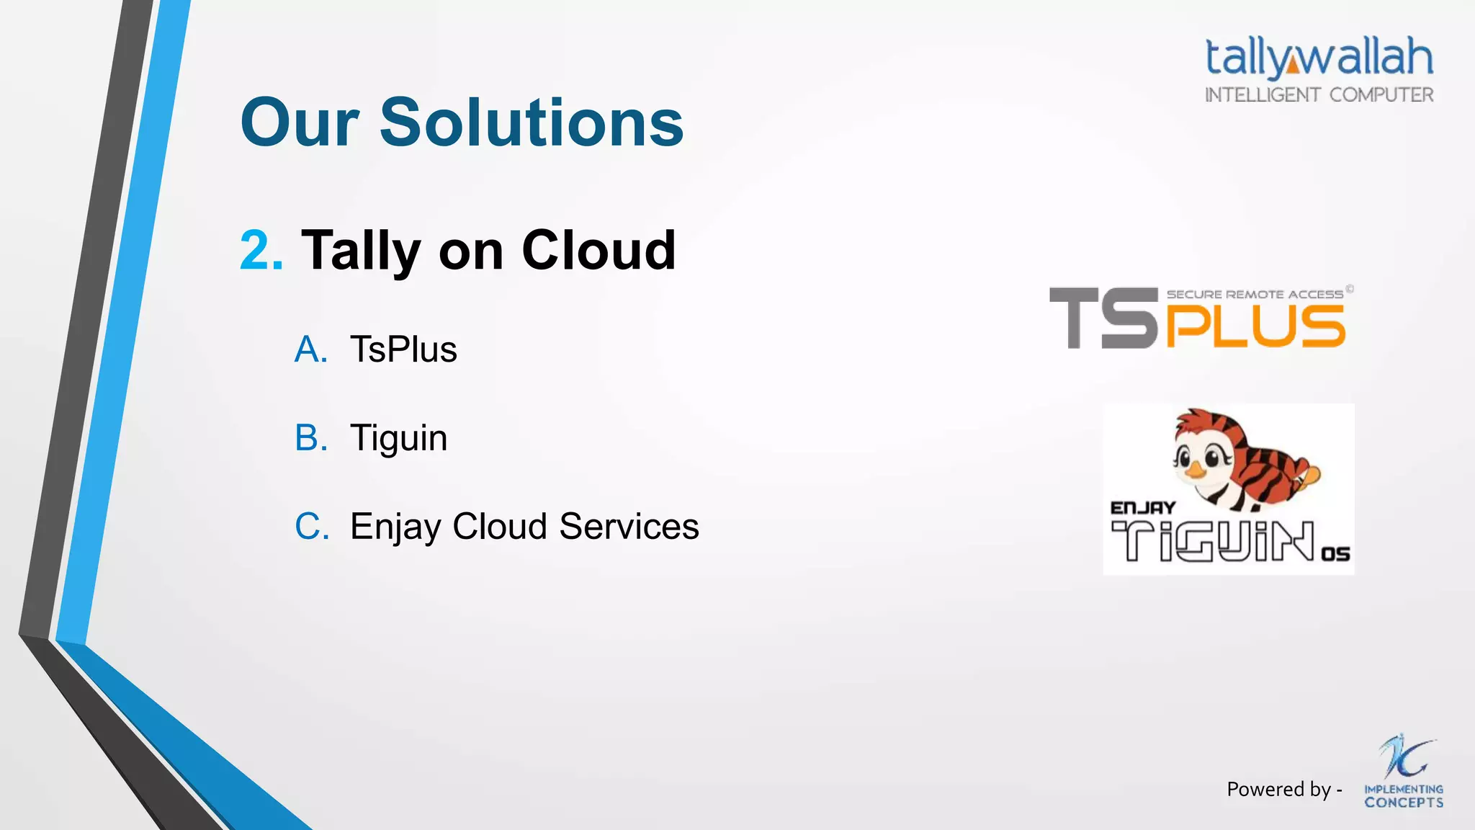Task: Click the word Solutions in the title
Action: click(x=531, y=122)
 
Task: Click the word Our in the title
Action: click(x=300, y=122)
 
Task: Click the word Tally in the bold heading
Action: click(x=361, y=250)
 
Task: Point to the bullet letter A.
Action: click(x=310, y=349)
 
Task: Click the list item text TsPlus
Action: click(x=403, y=349)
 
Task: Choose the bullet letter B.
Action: click(x=310, y=438)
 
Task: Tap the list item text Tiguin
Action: click(x=398, y=438)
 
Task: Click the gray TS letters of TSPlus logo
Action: click(x=1102, y=318)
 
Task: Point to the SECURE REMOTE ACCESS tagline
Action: click(x=1254, y=294)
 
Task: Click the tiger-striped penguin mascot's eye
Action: click(x=1212, y=457)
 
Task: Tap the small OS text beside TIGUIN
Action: click(x=1335, y=554)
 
